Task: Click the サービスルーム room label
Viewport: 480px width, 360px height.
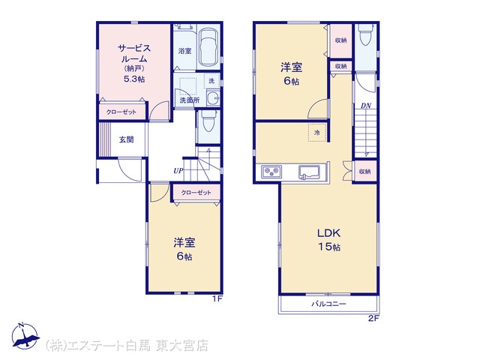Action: coord(134,53)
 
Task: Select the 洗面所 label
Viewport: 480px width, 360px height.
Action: coord(190,100)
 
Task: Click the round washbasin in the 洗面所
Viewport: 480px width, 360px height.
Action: coord(213,98)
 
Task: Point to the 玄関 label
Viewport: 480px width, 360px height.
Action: coord(126,139)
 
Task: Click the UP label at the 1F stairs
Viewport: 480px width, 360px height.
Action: coord(178,171)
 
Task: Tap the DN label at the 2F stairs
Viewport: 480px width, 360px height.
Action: coord(366,106)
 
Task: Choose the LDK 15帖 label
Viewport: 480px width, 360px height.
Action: coord(328,240)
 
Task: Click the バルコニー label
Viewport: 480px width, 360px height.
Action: coord(328,304)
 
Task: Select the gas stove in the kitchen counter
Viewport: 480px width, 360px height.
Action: coord(271,172)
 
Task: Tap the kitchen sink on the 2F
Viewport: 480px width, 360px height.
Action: coord(309,172)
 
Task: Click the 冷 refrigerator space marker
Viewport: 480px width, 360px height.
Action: coord(317,133)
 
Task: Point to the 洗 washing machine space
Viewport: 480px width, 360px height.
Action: coord(211,81)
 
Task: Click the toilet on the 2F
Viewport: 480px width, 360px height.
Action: coord(366,34)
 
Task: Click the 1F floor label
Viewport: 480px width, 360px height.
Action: coord(217,298)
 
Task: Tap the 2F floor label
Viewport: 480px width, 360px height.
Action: coord(373,318)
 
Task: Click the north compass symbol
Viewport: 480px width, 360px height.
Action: coord(25,336)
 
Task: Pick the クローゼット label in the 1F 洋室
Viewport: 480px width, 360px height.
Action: coord(196,193)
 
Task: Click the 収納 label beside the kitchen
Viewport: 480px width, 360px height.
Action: coord(365,172)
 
